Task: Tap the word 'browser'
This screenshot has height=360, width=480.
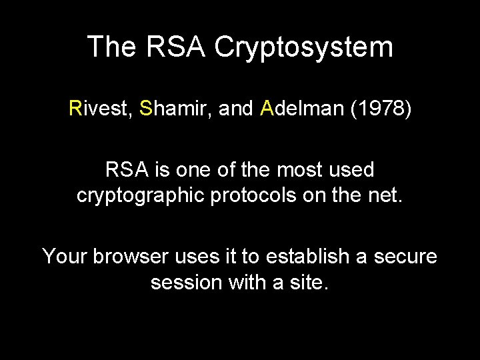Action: pos(126,256)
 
